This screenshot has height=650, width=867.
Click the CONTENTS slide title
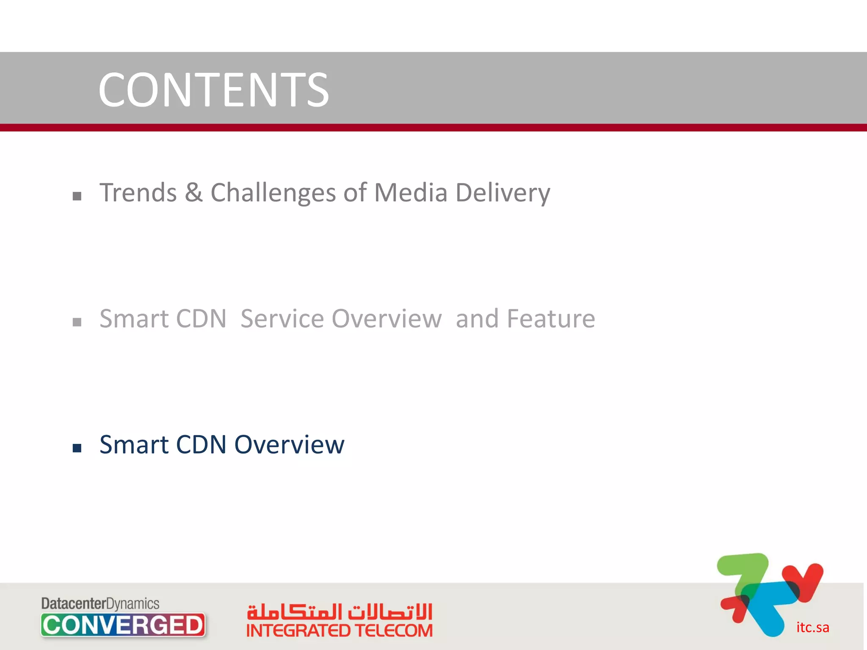click(213, 90)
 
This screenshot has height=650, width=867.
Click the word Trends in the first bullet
click(138, 193)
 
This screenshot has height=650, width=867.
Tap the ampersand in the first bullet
click(193, 193)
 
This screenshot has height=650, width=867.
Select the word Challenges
click(273, 193)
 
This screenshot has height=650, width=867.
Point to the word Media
click(411, 193)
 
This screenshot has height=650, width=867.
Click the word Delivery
click(503, 193)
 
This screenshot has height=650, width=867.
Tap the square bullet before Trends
click(77, 196)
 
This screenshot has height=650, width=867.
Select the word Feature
click(551, 319)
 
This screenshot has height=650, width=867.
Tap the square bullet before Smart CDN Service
click(77, 322)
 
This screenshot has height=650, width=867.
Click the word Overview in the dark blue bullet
click(290, 445)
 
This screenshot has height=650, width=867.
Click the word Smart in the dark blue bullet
click(134, 445)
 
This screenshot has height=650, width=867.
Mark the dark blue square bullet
click(77, 448)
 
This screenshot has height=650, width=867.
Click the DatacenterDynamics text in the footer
click(100, 603)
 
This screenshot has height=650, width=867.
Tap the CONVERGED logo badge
click(123, 625)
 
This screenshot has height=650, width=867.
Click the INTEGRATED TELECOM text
click(340, 631)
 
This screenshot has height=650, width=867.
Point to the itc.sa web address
click(812, 627)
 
